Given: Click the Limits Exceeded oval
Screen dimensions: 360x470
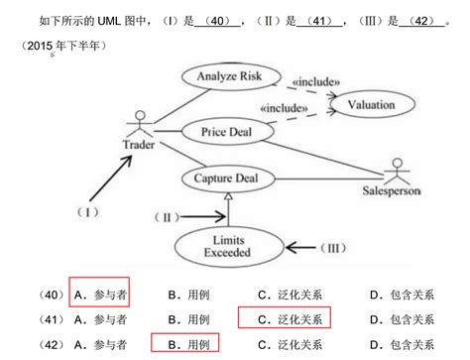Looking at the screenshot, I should click(x=230, y=245).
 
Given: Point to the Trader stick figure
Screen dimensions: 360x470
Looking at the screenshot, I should click(x=139, y=127).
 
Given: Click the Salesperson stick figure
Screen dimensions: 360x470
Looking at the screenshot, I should click(x=398, y=171).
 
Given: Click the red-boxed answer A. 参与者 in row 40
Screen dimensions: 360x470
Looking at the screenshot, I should click(x=99, y=294).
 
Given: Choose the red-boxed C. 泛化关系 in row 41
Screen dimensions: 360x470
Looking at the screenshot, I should click(x=284, y=319).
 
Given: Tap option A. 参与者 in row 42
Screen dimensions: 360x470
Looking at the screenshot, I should click(x=99, y=344).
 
